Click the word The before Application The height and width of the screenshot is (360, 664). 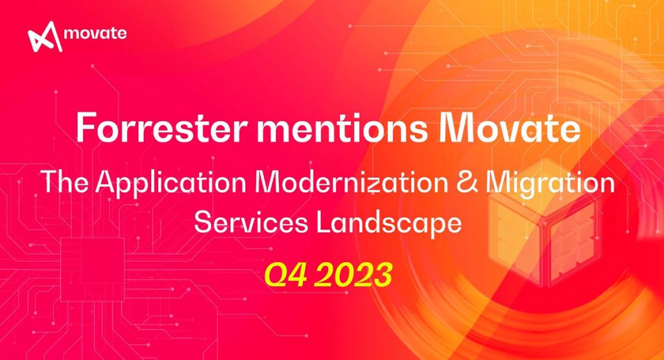point(67,183)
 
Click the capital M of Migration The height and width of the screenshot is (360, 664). point(504,183)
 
